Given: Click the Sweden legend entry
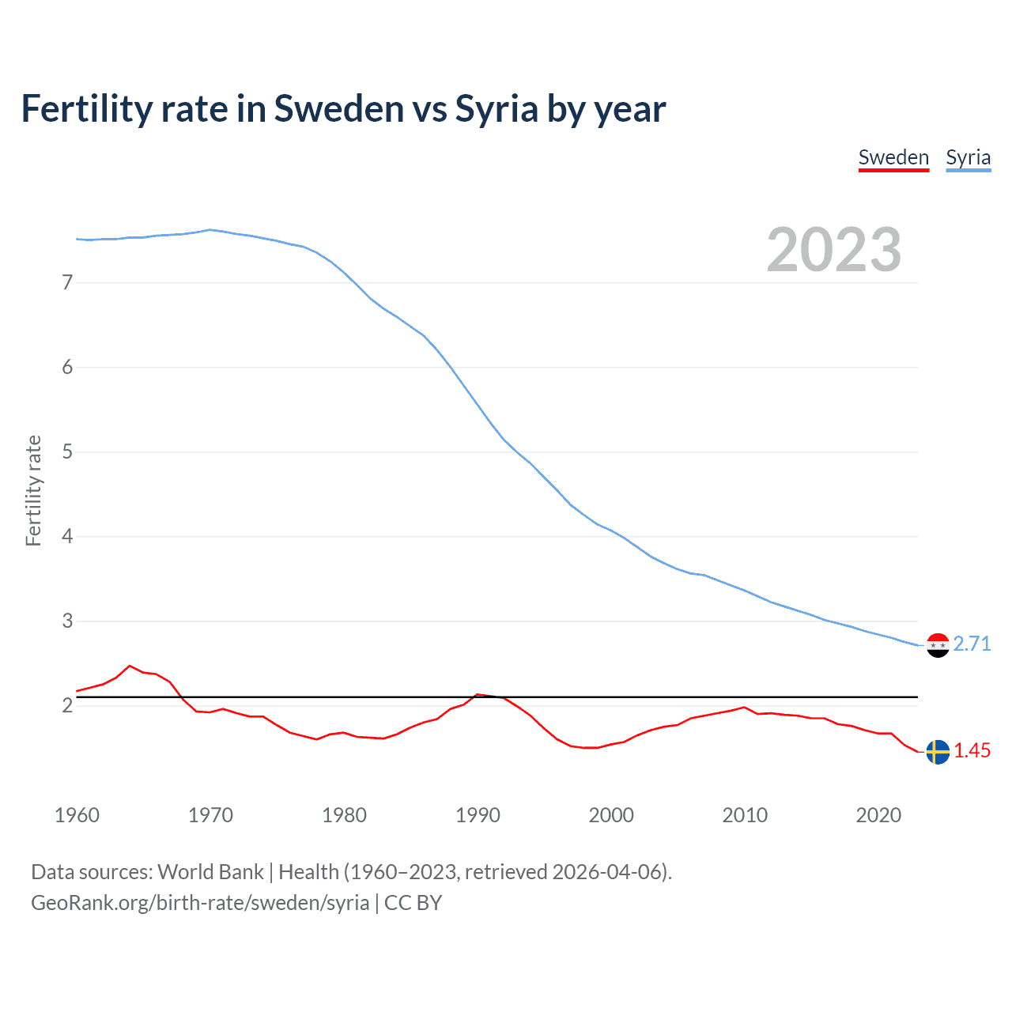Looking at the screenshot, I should click(x=893, y=157).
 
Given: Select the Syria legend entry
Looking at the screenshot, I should click(x=968, y=157).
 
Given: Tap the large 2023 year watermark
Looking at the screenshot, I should click(x=833, y=250).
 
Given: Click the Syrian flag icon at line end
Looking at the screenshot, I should click(x=938, y=645).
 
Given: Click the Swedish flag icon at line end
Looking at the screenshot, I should click(x=938, y=751).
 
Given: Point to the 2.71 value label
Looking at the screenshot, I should click(x=972, y=644).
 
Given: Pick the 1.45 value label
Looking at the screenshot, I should click(x=972, y=750).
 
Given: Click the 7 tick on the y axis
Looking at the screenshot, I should click(x=67, y=282).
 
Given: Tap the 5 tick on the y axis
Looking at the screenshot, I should click(x=67, y=451).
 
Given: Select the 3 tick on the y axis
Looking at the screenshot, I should click(x=67, y=621).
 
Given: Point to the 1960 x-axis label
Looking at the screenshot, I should click(x=77, y=815).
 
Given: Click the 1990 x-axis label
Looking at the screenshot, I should click(x=478, y=815).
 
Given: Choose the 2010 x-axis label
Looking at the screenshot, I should click(x=745, y=815).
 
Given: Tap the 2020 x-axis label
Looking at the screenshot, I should click(x=878, y=815).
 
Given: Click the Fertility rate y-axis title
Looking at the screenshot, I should click(x=33, y=490).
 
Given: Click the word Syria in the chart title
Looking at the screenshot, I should click(x=497, y=109).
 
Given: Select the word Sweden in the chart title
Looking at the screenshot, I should click(x=339, y=109).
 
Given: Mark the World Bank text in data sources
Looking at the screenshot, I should click(x=210, y=872).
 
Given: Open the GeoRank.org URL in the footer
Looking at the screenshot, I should click(x=200, y=903).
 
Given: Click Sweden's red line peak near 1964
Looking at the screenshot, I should click(x=130, y=666).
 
